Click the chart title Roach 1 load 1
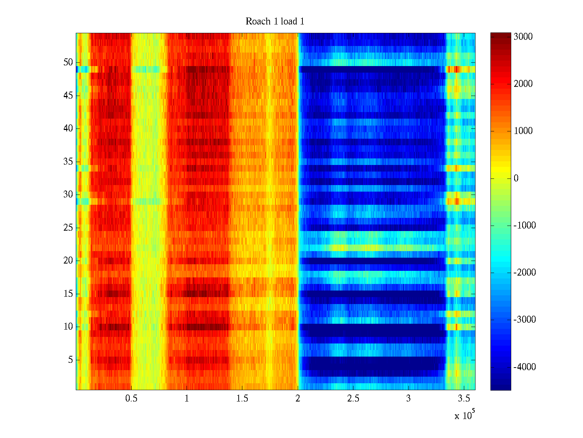275,22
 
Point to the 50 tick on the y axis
68,62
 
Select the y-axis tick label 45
68,96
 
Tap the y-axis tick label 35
68,162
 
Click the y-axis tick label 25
68,228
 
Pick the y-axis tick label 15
68,294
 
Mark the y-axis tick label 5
70,360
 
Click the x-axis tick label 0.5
131,399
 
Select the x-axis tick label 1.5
242,399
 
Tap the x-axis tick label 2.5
353,399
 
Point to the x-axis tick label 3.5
464,399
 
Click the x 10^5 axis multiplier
465,415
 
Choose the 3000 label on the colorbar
523,37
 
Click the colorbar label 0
516,178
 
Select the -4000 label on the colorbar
525,367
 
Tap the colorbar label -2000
525,273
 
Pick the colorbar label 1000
523,131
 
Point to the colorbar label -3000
525,320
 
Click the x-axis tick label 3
408,399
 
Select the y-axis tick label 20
68,261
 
